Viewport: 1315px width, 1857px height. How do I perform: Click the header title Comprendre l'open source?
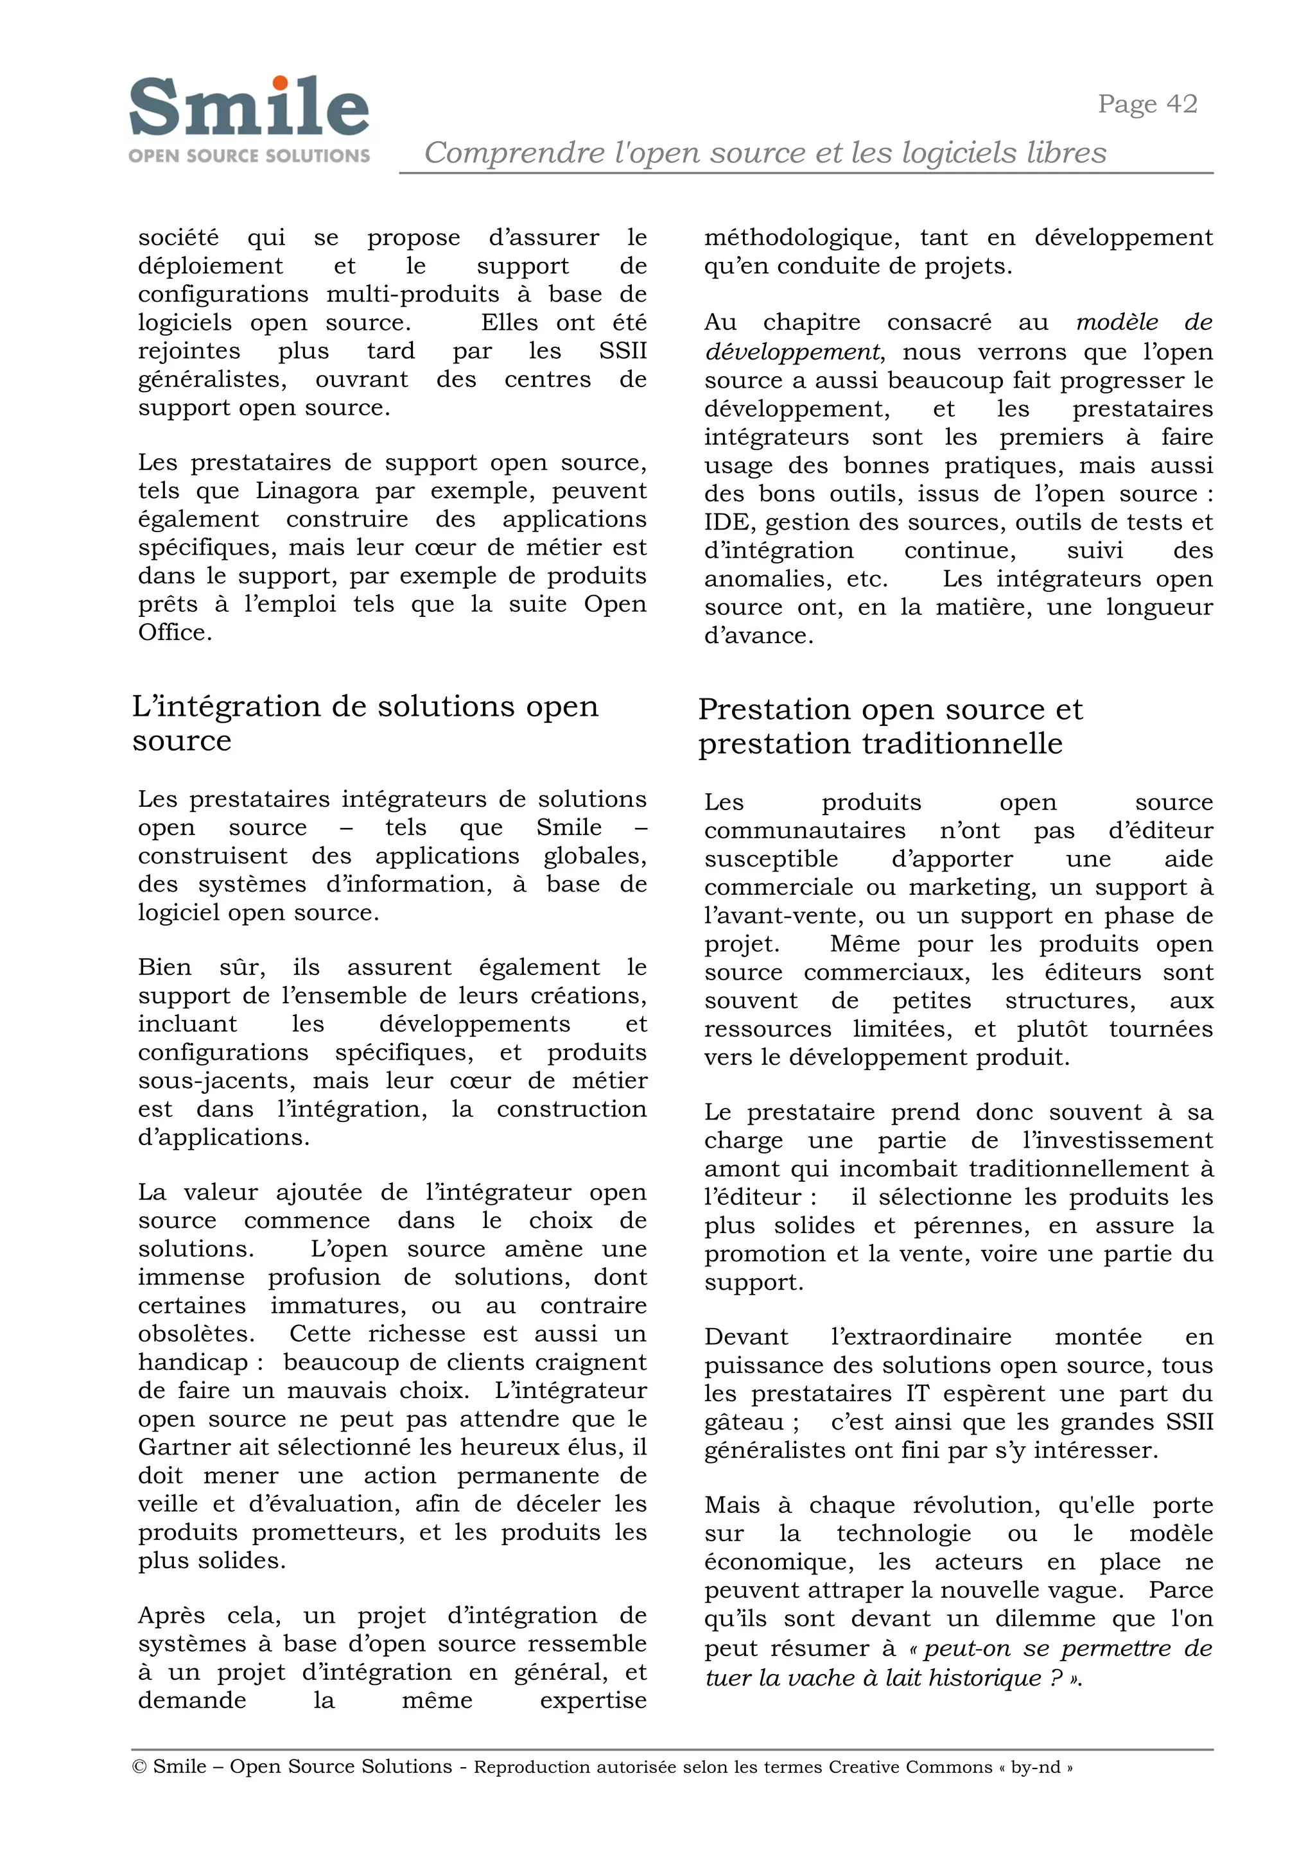(764, 152)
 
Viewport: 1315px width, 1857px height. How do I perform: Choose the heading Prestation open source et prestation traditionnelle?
(889, 726)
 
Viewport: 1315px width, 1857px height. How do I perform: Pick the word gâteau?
(744, 1422)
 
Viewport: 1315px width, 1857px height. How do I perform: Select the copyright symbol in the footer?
(139, 1767)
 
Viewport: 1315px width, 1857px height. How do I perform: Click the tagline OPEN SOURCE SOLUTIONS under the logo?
(248, 155)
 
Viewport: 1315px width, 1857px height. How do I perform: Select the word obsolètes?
(195, 1333)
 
